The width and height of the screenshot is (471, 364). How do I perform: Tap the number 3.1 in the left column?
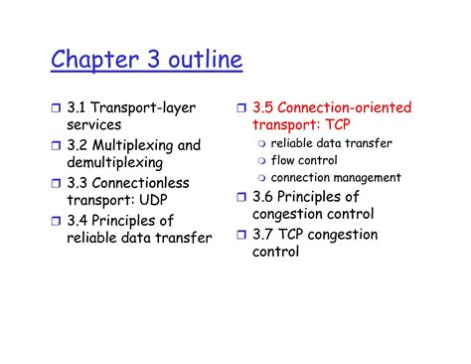pos(79,107)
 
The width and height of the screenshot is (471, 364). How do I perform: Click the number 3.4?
pos(79,220)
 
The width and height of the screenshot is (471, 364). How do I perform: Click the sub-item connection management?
pos(336,177)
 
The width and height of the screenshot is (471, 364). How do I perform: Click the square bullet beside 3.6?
pos(241,197)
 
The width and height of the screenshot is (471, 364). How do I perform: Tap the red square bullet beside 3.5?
pos(241,108)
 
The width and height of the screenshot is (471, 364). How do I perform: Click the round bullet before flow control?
pos(261,161)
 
